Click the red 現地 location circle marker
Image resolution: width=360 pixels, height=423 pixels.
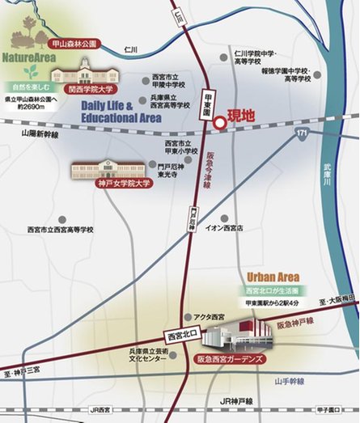tap(218, 124)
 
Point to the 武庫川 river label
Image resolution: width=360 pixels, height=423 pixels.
tap(327, 175)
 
